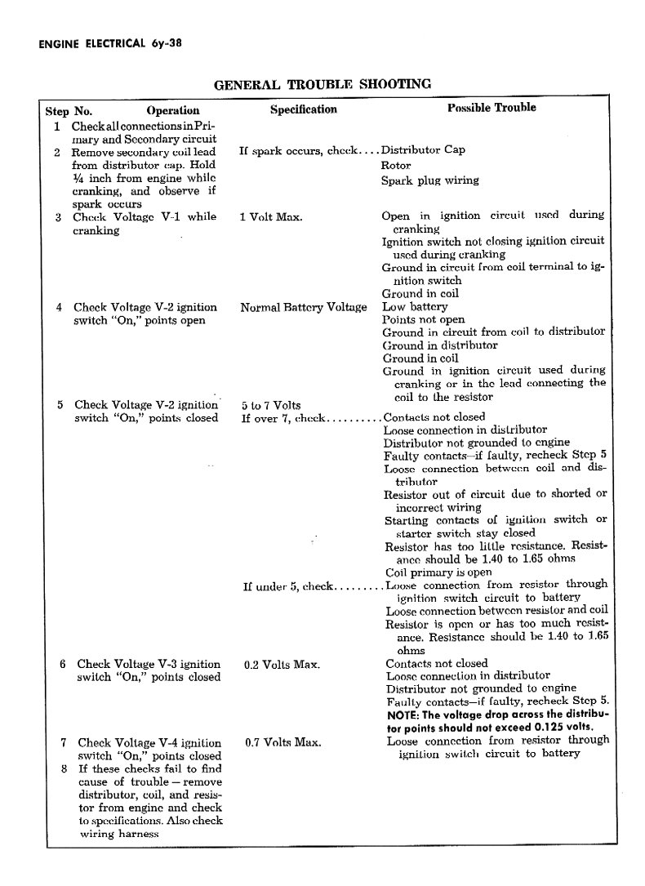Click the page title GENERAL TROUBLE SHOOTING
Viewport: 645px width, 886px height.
[322, 84]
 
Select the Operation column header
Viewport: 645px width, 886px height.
[172, 110]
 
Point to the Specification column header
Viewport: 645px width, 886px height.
[303, 109]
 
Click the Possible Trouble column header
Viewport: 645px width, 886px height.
[492, 108]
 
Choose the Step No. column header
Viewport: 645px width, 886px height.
[69, 110]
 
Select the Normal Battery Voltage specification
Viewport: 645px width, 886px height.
[303, 307]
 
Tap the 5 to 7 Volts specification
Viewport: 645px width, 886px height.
[271, 405]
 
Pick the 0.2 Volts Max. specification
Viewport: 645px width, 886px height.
[282, 665]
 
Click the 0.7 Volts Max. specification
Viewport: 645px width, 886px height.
[282, 743]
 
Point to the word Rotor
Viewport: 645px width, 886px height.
[396, 165]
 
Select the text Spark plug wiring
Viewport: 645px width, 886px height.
[429, 180]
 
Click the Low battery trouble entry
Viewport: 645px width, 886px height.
[415, 306]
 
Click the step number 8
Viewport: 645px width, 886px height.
[64, 768]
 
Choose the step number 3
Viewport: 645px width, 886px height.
[59, 217]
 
